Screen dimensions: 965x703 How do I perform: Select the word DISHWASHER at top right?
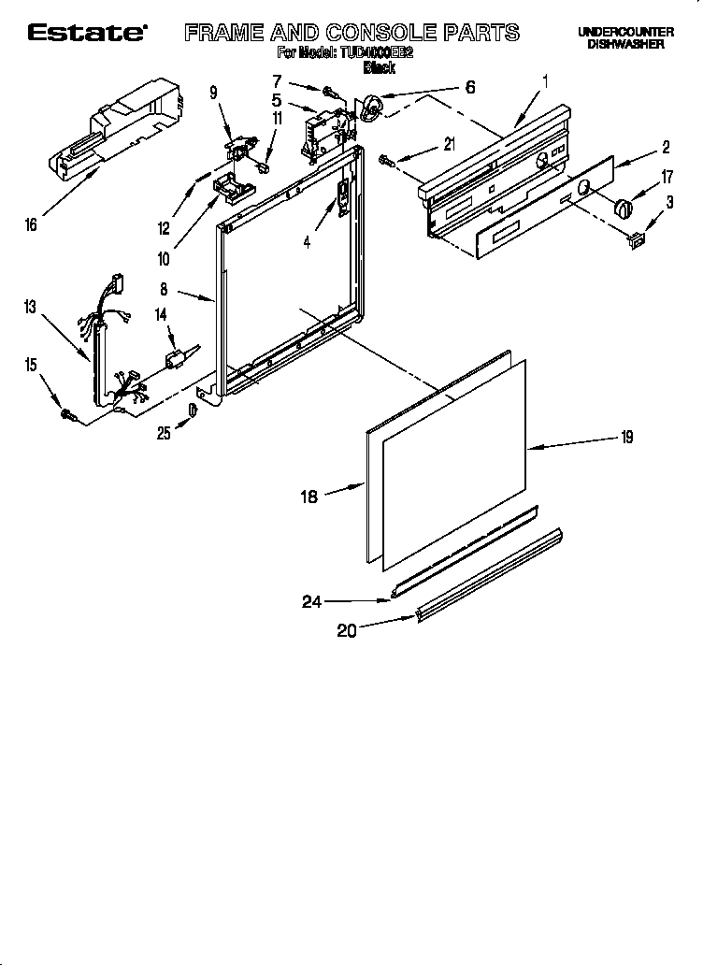coord(625,44)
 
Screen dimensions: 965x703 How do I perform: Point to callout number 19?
coord(627,436)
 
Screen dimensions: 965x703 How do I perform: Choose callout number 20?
coord(347,631)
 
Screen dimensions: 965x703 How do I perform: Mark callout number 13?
coord(30,307)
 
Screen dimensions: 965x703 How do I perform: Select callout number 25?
coord(164,433)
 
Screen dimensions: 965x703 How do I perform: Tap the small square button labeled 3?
coord(638,240)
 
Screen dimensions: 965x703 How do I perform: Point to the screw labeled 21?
coord(386,162)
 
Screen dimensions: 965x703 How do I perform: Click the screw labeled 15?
coord(67,412)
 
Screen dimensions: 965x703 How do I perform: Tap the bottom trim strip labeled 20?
coord(491,574)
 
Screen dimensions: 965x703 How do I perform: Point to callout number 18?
coord(308,497)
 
